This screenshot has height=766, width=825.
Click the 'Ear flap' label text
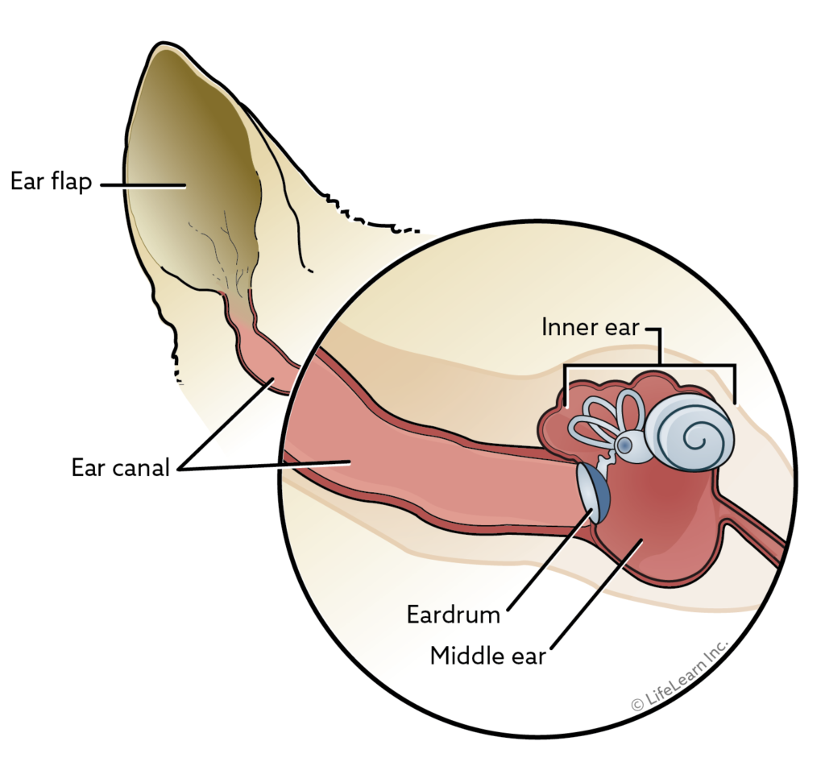[x=51, y=181]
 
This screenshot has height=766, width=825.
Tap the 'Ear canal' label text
[x=121, y=467]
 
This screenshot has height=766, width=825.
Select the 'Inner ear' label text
[x=591, y=328]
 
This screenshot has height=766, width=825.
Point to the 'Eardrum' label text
[x=454, y=615]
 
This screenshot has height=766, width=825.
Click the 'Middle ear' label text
[x=488, y=655]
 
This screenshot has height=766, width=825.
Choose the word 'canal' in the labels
[x=144, y=467]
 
